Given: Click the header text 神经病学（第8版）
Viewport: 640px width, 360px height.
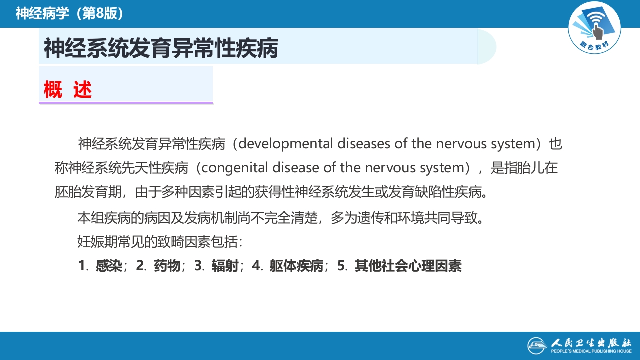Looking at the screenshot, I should (x=70, y=13).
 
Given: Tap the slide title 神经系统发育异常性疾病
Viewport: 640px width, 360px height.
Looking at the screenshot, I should (x=161, y=49).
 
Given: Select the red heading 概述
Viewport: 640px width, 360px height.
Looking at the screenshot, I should (x=68, y=90).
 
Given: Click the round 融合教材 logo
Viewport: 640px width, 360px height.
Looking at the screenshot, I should (x=594, y=27).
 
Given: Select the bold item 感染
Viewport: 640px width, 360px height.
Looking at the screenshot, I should (x=109, y=266).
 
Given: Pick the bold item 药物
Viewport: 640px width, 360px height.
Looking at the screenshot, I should (x=167, y=266).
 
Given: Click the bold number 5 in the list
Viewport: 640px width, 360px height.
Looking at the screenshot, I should (x=341, y=266).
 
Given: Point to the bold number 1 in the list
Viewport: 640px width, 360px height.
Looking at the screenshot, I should (x=81, y=266).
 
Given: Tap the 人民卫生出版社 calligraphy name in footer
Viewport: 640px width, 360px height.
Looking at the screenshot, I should (x=591, y=343).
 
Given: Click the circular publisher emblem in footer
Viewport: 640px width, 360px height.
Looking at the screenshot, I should (x=538, y=345).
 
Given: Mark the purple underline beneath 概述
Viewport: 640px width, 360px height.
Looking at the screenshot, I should (x=126, y=103).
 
